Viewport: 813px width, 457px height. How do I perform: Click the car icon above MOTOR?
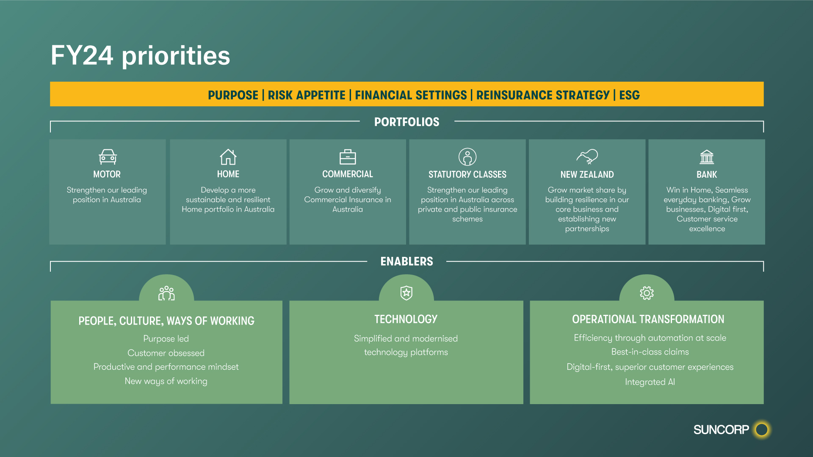108,157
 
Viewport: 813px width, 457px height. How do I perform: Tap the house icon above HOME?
228,157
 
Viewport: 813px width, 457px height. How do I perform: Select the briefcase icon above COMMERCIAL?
348,157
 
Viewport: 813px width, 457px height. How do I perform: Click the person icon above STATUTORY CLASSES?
467,157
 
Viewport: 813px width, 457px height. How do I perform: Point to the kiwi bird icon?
587,157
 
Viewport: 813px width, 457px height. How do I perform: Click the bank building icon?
707,157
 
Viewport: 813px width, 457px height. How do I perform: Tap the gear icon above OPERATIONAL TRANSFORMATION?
647,293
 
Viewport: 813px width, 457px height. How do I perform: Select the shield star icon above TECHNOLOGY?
406,293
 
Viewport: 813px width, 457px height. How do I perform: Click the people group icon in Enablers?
166,293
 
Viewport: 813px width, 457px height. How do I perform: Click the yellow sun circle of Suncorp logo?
762,429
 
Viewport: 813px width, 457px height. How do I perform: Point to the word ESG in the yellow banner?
629,95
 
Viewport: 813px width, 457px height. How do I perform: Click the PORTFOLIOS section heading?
406,122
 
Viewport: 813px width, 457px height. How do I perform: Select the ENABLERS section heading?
406,262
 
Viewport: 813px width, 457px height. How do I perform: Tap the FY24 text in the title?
82,55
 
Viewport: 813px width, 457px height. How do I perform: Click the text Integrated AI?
650,382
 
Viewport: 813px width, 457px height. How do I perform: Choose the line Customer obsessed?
166,353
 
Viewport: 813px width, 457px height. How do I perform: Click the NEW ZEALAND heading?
587,174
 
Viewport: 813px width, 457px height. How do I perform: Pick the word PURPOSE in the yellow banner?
233,95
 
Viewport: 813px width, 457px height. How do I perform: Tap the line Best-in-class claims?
650,352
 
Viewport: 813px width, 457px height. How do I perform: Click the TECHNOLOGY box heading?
406,319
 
